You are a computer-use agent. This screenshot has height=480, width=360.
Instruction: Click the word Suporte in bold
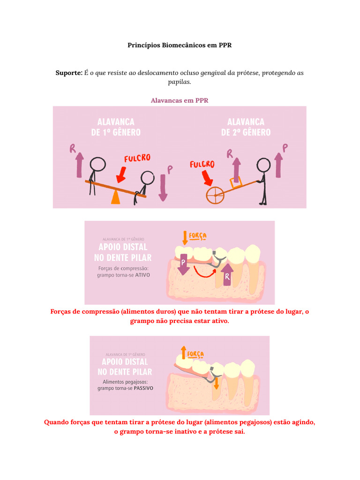click(69, 73)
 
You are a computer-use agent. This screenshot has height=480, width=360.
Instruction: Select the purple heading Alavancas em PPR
click(180, 100)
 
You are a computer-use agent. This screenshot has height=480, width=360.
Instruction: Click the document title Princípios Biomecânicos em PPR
click(180, 45)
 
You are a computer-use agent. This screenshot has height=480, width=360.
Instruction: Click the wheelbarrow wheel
click(215, 195)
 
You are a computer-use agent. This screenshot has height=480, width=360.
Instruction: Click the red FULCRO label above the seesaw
click(137, 158)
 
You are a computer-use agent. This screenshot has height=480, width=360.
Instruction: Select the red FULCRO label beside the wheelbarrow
click(202, 165)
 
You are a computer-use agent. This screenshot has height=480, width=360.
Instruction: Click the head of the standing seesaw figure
click(98, 165)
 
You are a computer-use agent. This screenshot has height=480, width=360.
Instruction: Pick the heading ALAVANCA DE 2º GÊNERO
click(246, 127)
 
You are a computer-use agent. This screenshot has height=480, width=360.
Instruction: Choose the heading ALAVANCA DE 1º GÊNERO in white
click(116, 127)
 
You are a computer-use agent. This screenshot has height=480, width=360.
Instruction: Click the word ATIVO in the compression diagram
click(142, 276)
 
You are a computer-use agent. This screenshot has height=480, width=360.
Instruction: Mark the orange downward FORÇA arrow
click(185, 237)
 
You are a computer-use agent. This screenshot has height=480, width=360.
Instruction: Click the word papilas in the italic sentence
click(180, 82)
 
